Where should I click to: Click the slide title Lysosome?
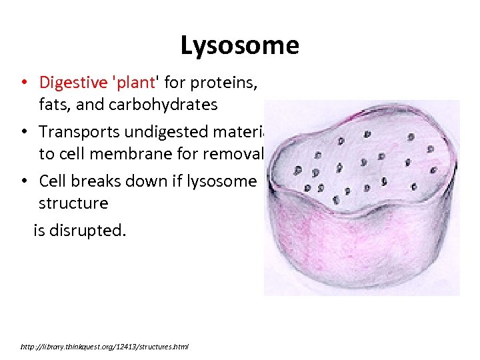pos(239,46)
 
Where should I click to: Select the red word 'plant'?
pos(133,83)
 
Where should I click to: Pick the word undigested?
pos(159,131)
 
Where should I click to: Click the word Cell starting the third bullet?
pos(52,181)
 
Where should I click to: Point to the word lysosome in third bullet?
pos(224,181)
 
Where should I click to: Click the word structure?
pos(73,203)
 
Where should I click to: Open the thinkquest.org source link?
pos(105,347)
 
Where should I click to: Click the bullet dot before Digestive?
pos(23,83)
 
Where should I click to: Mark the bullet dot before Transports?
pos(23,132)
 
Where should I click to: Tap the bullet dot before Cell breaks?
pos(23,181)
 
